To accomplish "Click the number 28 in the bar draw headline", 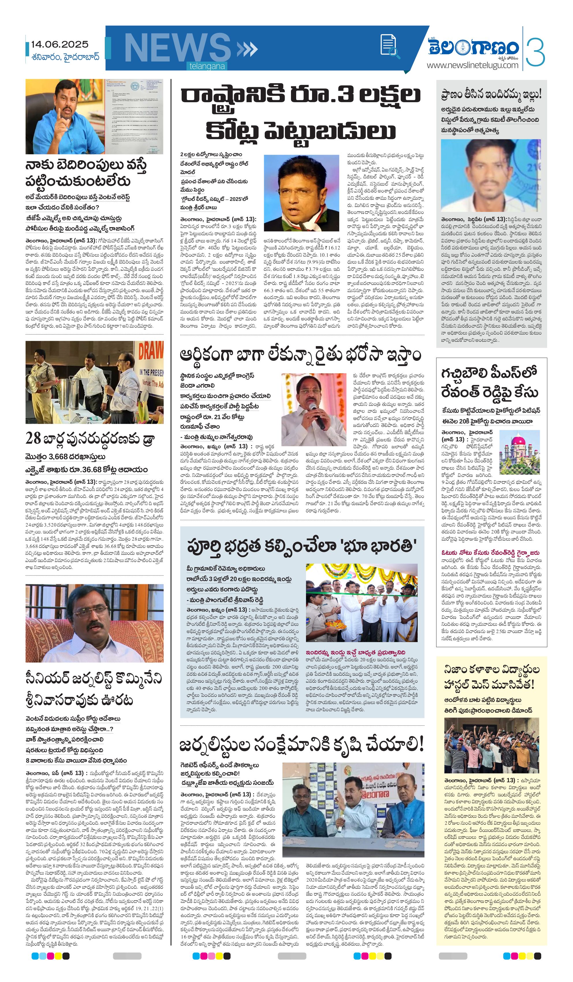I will [33, 439].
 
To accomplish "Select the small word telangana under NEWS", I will [207, 66].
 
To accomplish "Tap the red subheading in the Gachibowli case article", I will [490, 552].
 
